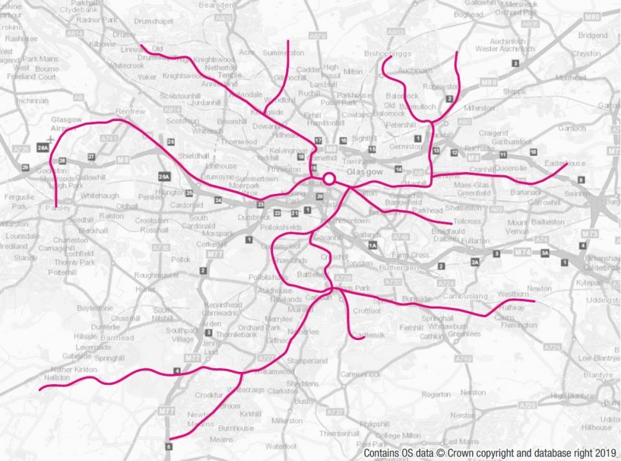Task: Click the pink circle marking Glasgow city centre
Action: point(329,179)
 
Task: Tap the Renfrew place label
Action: point(130,111)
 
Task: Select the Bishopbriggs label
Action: point(388,53)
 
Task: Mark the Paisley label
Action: point(58,208)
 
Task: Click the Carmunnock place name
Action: point(360,374)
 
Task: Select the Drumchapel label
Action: point(155,21)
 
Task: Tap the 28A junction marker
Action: point(43,147)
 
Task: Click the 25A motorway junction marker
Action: point(164,176)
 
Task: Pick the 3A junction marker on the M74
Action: point(545,254)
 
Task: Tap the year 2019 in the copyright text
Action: point(606,453)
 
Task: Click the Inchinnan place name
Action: point(32,101)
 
